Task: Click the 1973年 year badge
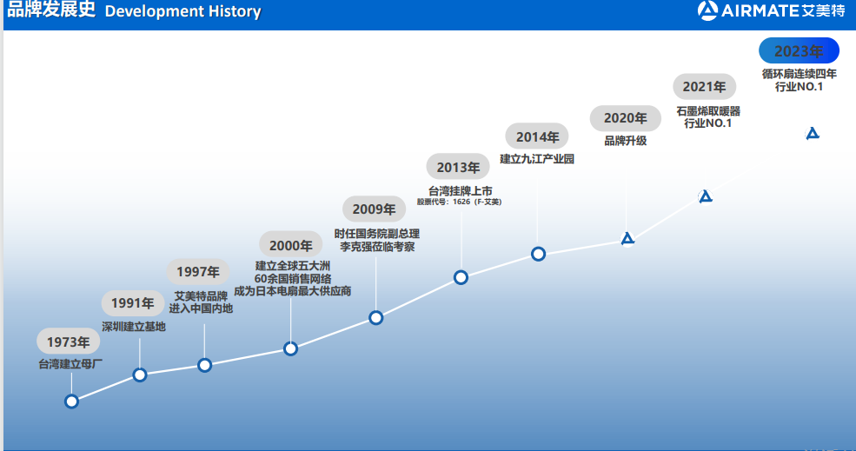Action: tap(69, 342)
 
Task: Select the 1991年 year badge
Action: tap(133, 303)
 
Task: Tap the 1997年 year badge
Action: tap(198, 271)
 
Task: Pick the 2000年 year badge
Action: tap(291, 245)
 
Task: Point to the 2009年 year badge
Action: tap(374, 209)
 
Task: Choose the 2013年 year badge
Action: tap(458, 167)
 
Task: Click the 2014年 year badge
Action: tap(537, 136)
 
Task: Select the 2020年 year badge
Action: tap(625, 118)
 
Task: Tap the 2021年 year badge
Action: tap(704, 87)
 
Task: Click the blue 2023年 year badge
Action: tap(799, 50)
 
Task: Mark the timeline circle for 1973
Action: tap(71, 401)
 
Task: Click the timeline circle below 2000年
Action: tap(290, 348)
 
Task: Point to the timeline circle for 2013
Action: tap(461, 277)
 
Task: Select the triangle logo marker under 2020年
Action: tap(627, 239)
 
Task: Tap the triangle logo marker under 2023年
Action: tap(813, 133)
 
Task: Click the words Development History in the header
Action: tap(182, 11)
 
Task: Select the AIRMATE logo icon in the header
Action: tap(707, 10)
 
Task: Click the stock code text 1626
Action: tap(461, 202)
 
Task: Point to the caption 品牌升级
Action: tap(625, 141)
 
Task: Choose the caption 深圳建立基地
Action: tap(133, 327)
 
